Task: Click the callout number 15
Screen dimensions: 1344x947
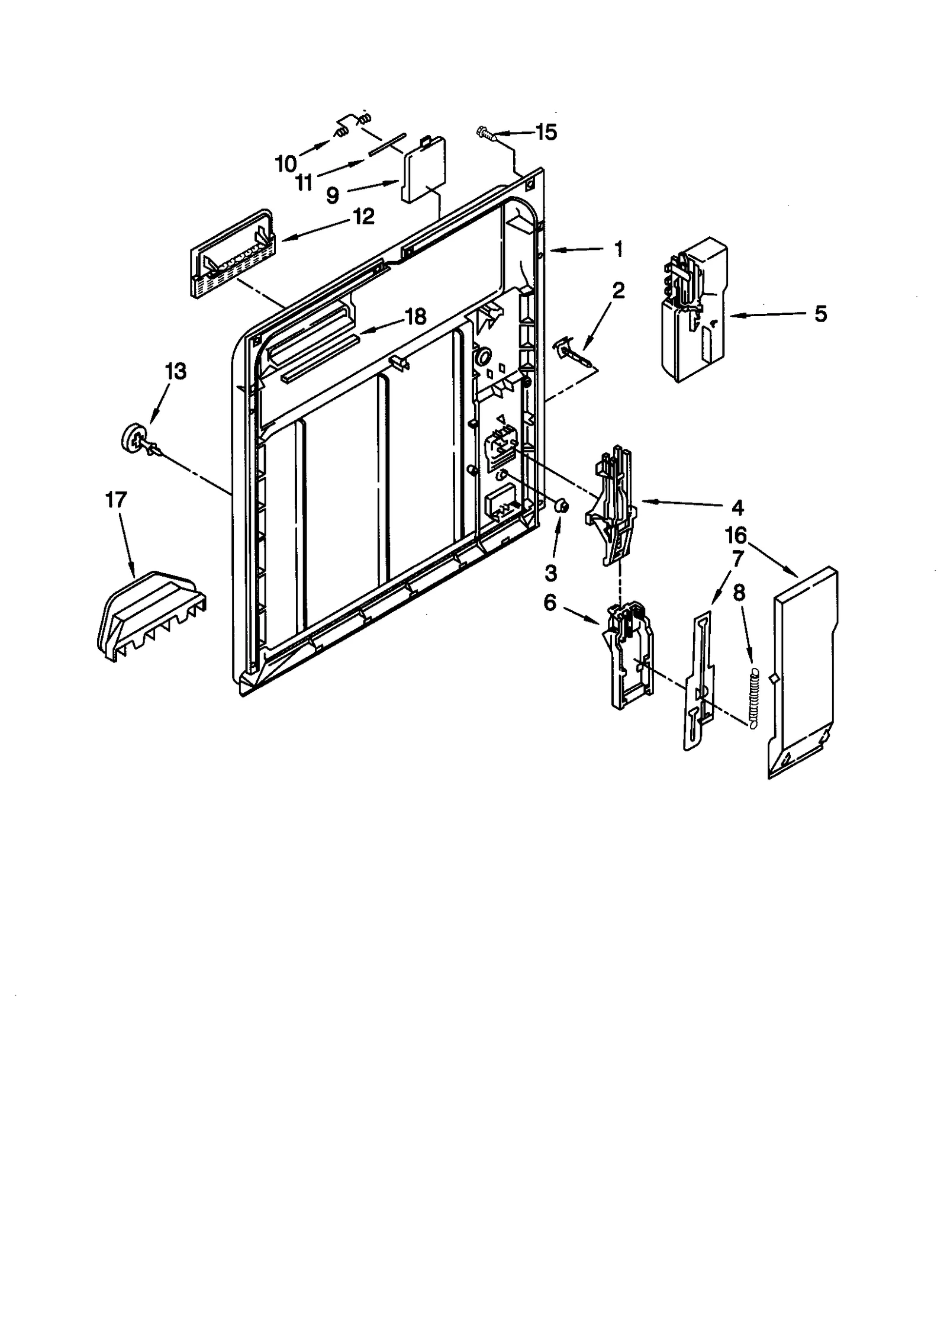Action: click(546, 132)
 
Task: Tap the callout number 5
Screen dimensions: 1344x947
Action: click(820, 314)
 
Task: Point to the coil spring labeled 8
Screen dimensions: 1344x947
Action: click(753, 699)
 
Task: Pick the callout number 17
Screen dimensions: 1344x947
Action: click(116, 500)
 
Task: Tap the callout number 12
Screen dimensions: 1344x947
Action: click(364, 217)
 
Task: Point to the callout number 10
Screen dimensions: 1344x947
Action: click(286, 163)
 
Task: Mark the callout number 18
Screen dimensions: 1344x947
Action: click(416, 317)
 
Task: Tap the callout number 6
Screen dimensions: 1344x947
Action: click(550, 604)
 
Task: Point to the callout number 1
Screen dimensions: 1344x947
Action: click(617, 249)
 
